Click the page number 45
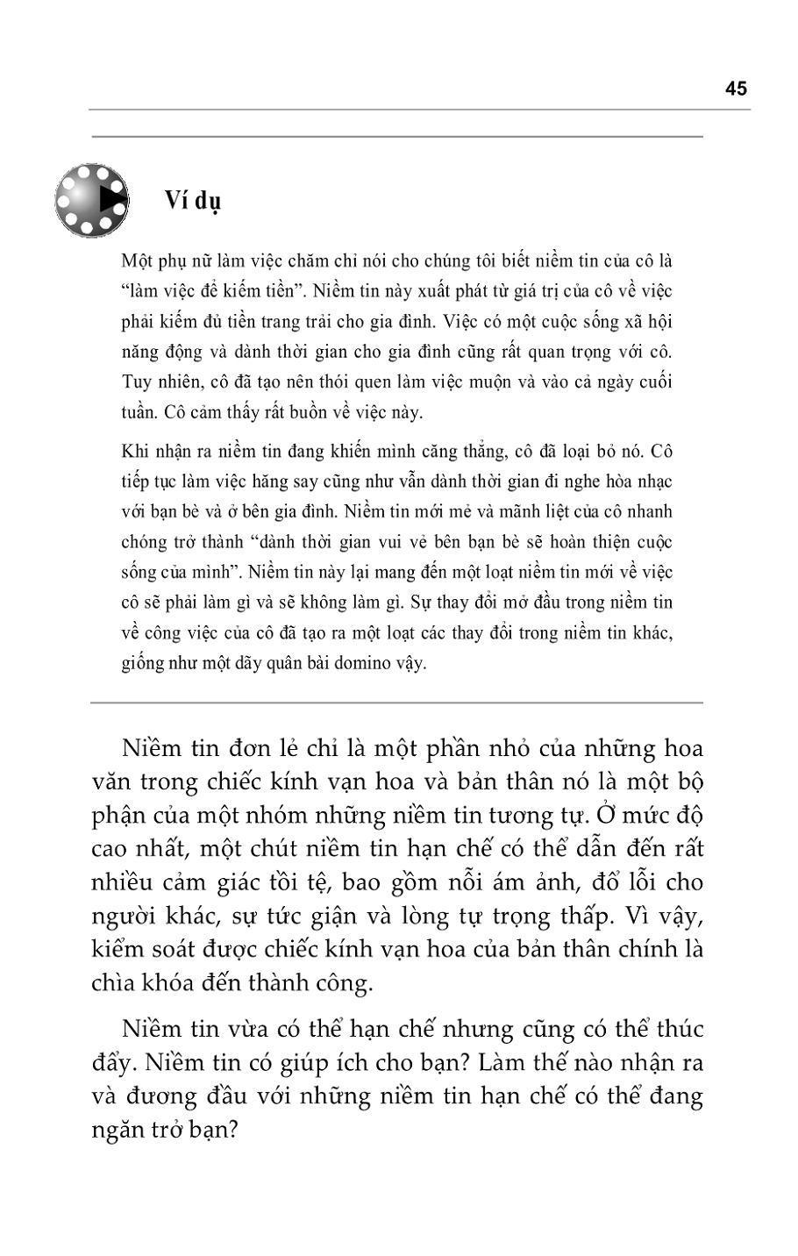tap(736, 89)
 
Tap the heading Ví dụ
tap(193, 200)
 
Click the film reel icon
tap(91, 200)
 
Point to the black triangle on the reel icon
tap(111, 199)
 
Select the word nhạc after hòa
tap(653, 482)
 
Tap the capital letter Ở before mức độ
tap(605, 816)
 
